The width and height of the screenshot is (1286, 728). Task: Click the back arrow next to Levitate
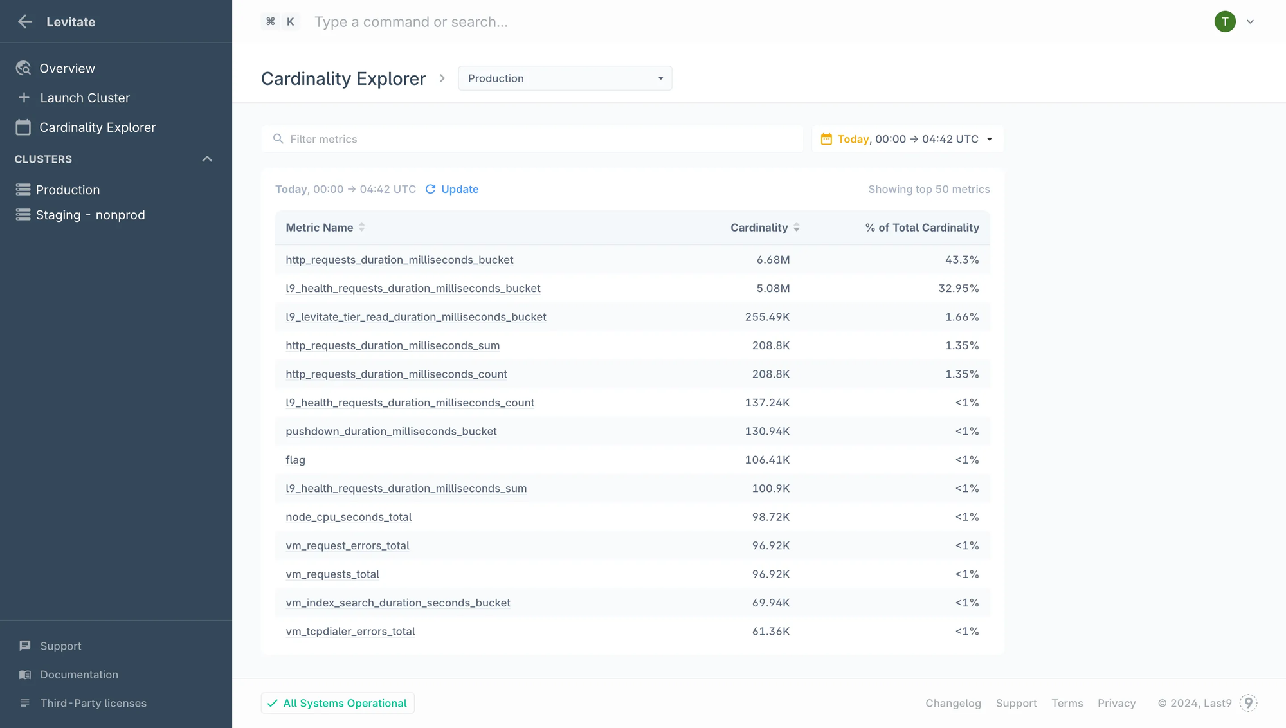coord(25,22)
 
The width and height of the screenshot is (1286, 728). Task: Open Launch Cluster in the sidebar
coord(84,98)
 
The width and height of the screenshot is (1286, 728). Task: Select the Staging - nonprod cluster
coord(90,215)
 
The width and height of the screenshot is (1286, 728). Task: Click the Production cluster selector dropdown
coord(565,78)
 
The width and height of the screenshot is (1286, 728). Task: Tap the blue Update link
coord(459,189)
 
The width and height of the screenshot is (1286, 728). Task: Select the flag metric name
coord(295,460)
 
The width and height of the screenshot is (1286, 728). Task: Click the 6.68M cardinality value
coord(773,260)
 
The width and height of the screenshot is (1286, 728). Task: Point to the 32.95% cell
coord(958,288)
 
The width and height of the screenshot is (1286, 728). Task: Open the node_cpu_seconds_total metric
coord(349,517)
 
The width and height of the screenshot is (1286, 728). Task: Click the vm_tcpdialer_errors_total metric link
coord(350,632)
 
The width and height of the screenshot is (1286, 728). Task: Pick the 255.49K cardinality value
coord(767,317)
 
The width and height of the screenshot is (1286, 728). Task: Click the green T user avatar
coord(1224,22)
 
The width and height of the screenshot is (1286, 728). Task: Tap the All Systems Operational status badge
coord(338,703)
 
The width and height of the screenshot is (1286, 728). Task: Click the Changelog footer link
coord(953,704)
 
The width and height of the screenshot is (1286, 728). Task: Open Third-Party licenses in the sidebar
coord(93,704)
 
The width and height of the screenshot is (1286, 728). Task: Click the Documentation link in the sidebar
coord(79,675)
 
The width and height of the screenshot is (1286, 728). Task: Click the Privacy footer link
coord(1116,704)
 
